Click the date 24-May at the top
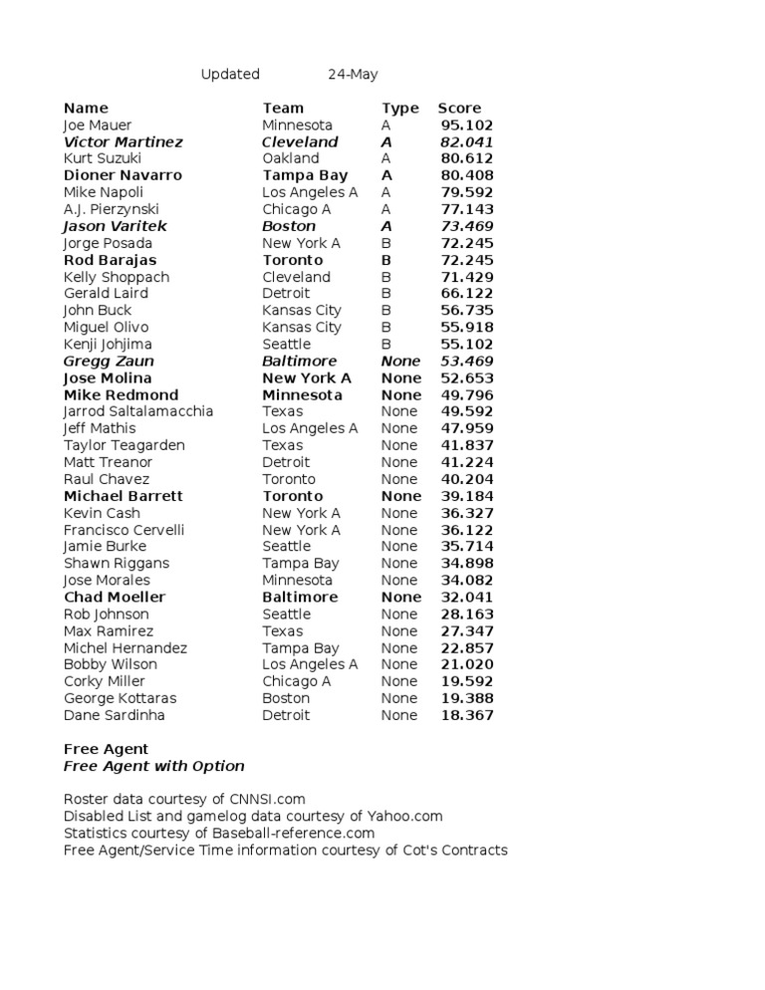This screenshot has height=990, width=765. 353,75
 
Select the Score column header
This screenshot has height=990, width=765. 459,108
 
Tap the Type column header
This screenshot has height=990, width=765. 400,108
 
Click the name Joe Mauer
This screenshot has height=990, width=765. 98,125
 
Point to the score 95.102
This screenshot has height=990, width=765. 467,125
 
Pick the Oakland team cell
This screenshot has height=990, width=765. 291,158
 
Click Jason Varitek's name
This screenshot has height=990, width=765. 116,226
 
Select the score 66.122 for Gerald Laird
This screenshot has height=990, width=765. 467,294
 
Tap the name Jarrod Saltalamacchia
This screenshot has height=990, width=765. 138,411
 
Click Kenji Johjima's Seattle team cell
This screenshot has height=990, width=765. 287,345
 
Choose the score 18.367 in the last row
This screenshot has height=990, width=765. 467,715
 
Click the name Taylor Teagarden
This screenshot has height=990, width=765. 125,445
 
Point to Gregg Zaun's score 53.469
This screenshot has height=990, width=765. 467,362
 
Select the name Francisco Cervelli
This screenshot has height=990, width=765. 125,530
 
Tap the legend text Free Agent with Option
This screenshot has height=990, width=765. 154,766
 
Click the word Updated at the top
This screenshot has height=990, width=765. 230,75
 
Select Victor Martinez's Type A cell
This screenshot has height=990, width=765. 386,142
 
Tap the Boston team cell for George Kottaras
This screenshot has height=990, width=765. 287,698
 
